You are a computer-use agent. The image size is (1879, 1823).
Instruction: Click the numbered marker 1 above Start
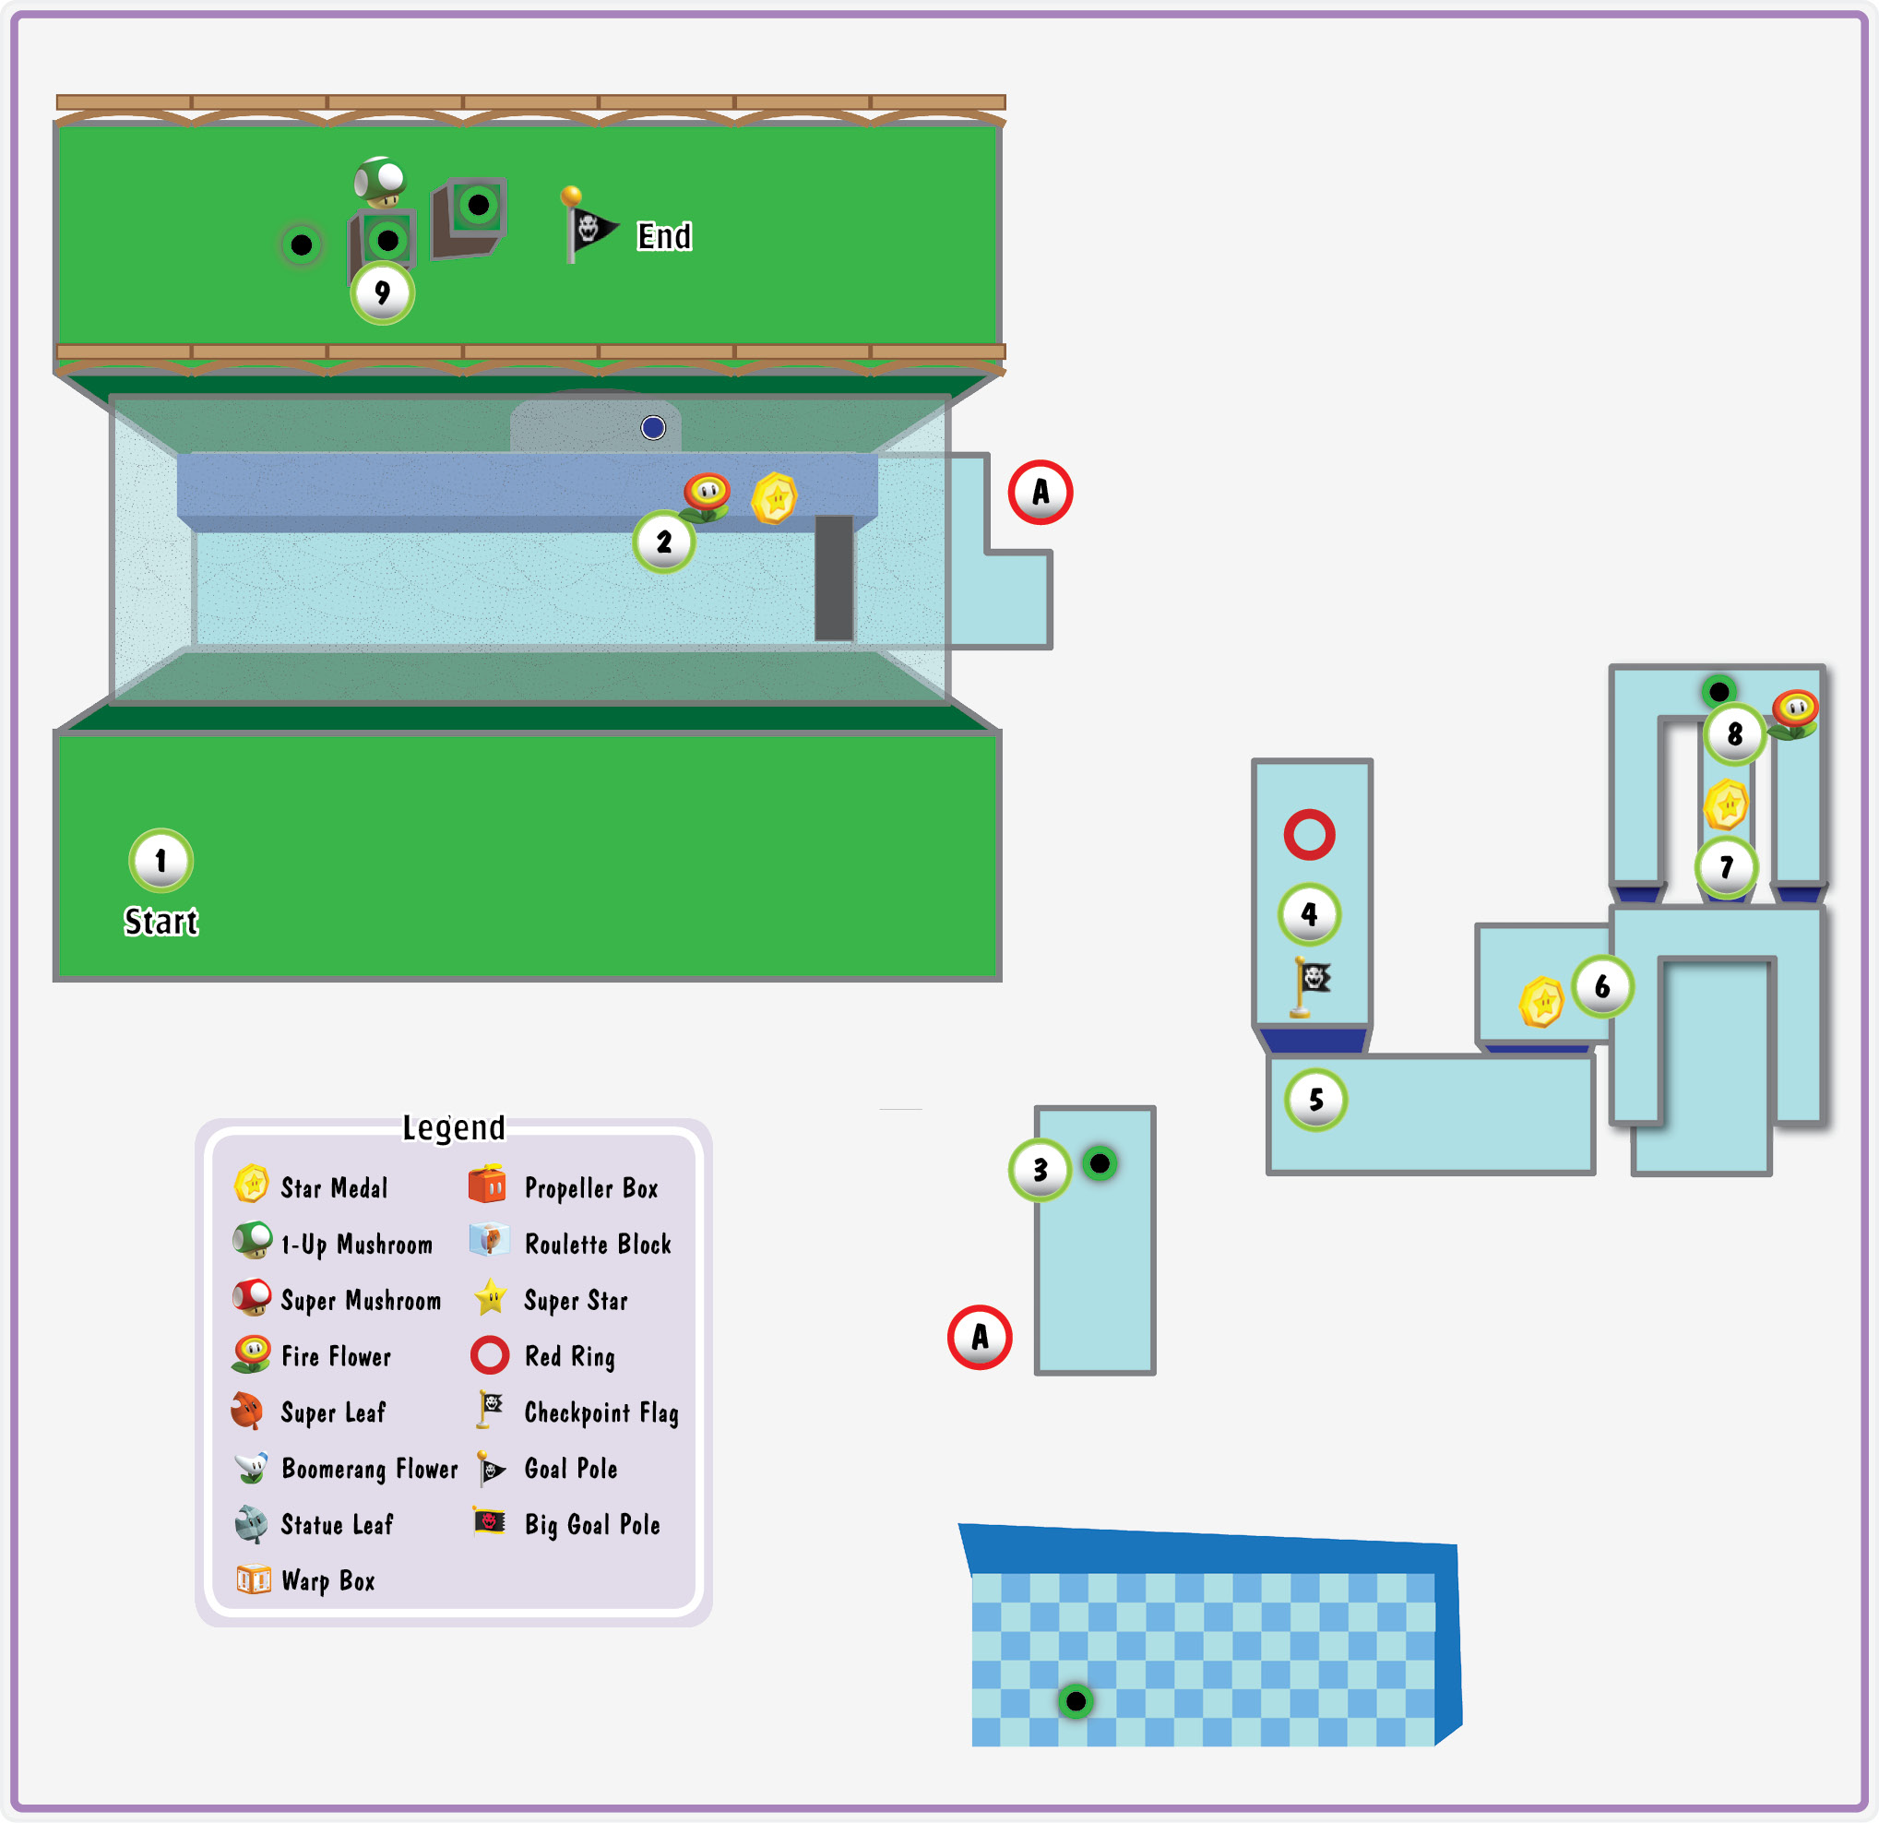click(x=161, y=860)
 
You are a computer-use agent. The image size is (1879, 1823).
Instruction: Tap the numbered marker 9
click(x=383, y=292)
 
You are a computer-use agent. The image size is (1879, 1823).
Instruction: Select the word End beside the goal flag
click(x=664, y=236)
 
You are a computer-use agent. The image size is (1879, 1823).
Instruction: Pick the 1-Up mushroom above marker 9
click(x=380, y=181)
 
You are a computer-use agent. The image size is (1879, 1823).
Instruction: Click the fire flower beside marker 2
click(x=707, y=496)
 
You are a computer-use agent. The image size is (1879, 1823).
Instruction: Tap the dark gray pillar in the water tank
click(x=834, y=578)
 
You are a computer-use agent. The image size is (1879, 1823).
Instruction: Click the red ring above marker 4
click(x=1310, y=833)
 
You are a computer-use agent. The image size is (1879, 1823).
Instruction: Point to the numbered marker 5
click(x=1316, y=1100)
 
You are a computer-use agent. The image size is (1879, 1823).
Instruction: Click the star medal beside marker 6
click(x=1541, y=1002)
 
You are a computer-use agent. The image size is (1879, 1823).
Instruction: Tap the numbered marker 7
click(x=1727, y=868)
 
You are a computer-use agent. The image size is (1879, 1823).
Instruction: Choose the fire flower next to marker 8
click(x=1794, y=714)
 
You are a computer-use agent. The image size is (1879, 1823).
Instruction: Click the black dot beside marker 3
click(x=1100, y=1163)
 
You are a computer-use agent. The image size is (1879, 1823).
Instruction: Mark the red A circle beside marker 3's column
click(x=980, y=1337)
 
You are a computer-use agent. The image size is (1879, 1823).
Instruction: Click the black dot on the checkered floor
click(x=1076, y=1701)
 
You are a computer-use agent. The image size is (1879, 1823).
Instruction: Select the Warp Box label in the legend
click(x=327, y=1581)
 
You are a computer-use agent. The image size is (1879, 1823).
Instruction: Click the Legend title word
click(x=454, y=1127)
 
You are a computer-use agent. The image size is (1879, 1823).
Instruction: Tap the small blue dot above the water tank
click(x=653, y=428)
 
